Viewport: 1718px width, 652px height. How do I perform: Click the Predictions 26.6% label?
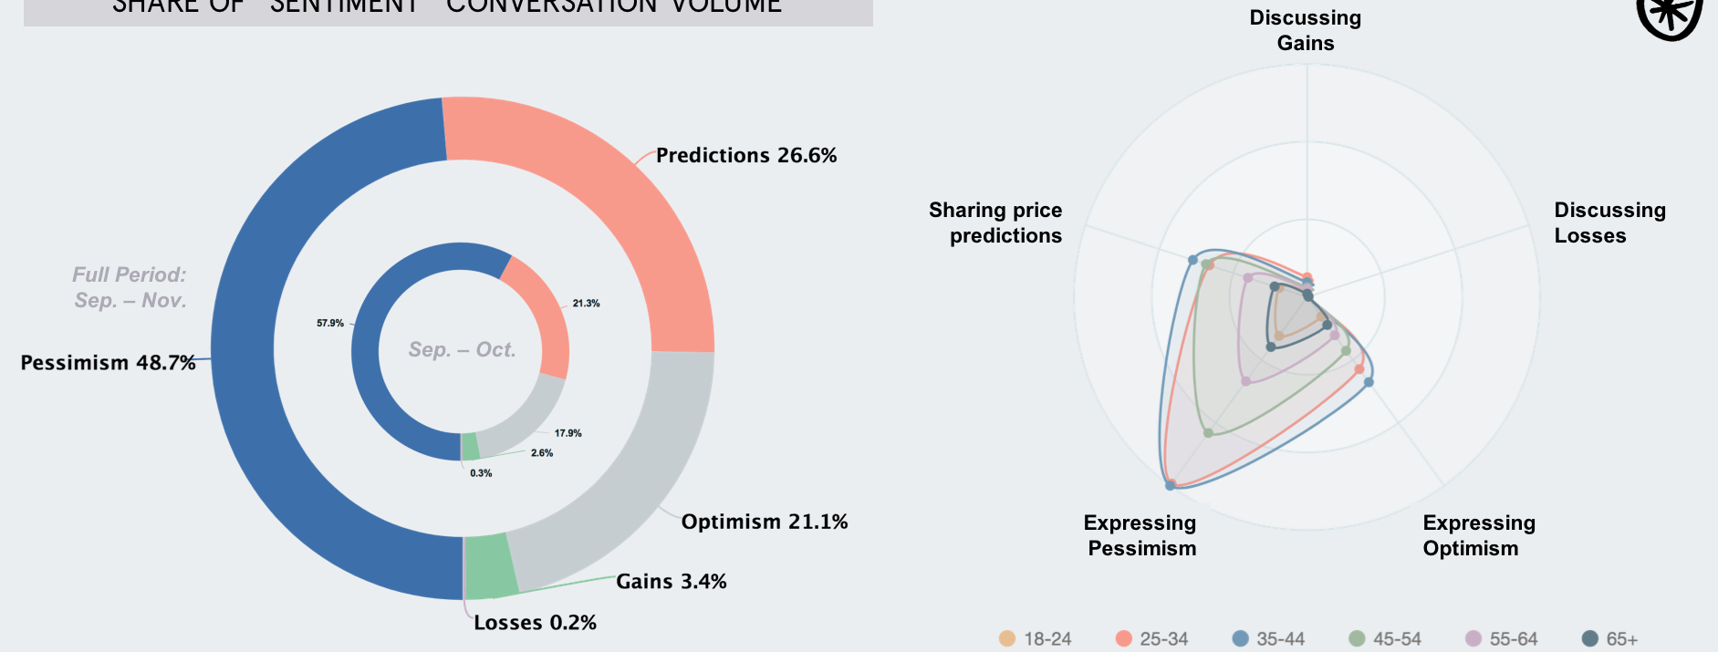tap(745, 156)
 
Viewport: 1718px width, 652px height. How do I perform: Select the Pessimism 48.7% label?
tap(108, 363)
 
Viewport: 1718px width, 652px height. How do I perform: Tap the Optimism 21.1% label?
tap(764, 522)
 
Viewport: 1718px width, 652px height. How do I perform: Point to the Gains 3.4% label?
tap(671, 582)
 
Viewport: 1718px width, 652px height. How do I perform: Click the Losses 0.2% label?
tap(535, 623)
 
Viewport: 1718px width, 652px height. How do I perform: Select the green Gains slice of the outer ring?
tap(490, 566)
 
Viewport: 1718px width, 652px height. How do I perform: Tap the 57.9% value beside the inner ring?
tap(330, 324)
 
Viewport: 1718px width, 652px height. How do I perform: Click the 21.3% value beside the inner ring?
tap(586, 304)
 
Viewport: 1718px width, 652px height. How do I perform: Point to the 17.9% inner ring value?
tap(567, 433)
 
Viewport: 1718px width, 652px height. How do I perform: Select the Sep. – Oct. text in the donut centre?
tap(462, 350)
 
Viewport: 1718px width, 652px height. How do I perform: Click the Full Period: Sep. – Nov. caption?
tap(130, 287)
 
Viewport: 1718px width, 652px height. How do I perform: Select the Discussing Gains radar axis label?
tap(1305, 30)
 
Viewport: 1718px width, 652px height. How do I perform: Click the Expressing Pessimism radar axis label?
tap(1140, 535)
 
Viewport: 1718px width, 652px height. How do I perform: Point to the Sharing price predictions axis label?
tap(996, 223)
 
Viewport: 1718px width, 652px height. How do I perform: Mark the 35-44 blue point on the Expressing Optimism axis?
tap(1369, 382)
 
